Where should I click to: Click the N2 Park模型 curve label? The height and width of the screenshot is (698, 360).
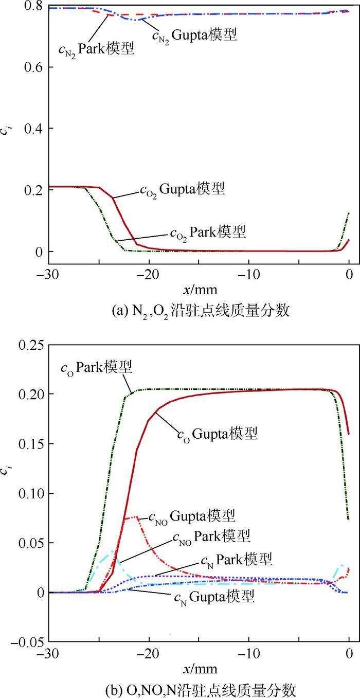96,49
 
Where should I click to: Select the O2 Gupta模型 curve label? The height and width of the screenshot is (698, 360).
182,190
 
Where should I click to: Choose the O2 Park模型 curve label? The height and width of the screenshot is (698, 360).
208,232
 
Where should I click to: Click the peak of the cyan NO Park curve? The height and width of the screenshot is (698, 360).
111,552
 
